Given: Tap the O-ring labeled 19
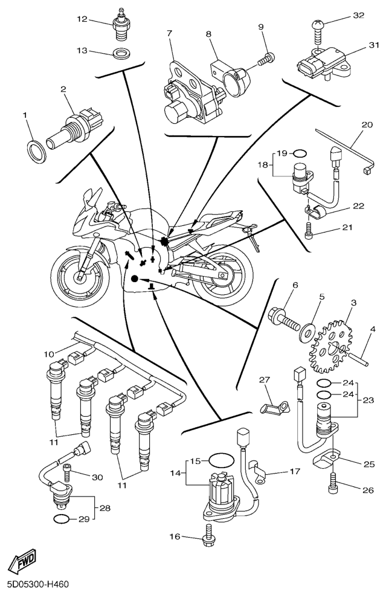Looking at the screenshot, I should [x=302, y=153].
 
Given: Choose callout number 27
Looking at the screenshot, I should [x=263, y=379].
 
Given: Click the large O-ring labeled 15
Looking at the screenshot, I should [x=219, y=461].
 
